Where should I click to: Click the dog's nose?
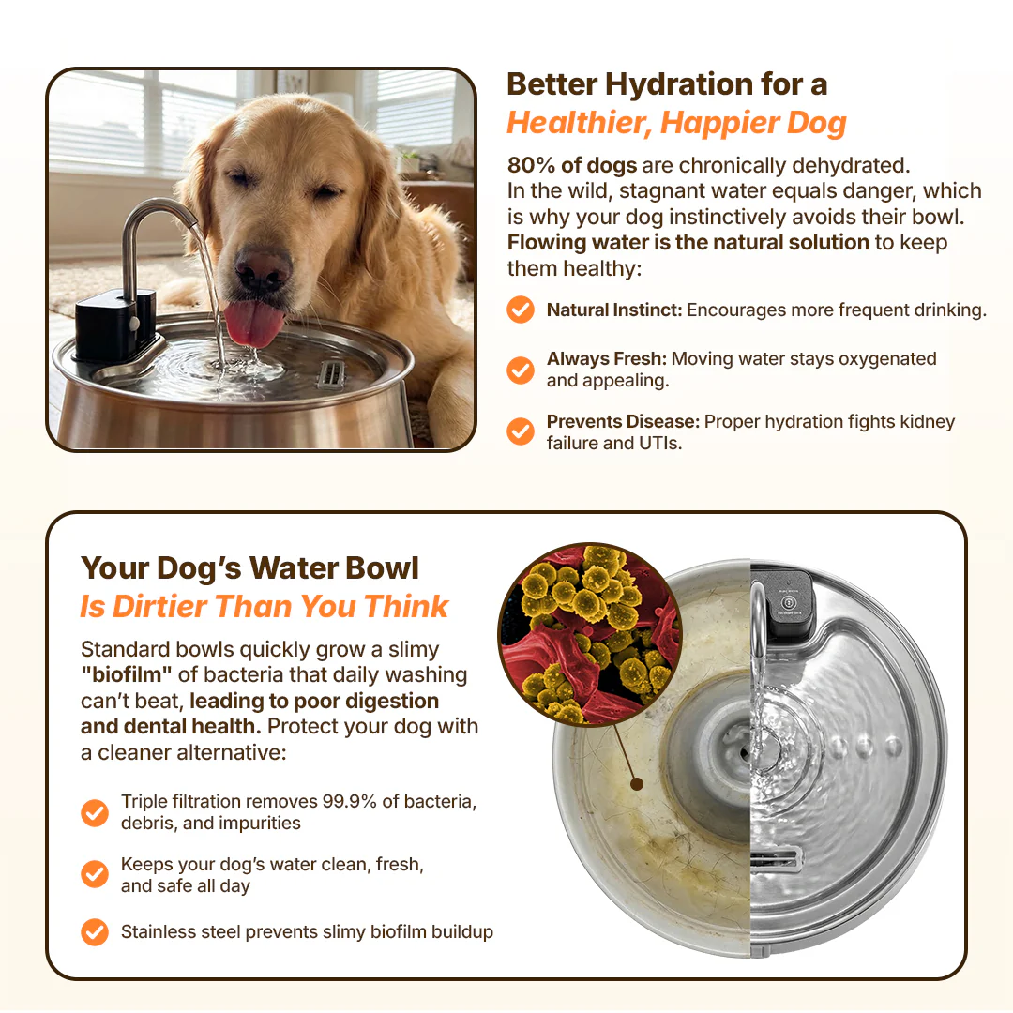pos(263,267)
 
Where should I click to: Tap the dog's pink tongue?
pos(253,324)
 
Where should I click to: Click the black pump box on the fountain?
pos(114,325)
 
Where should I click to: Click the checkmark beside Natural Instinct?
pos(520,310)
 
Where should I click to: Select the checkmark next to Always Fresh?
pos(520,370)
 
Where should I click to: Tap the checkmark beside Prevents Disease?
pos(520,431)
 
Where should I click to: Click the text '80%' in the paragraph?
pos(531,165)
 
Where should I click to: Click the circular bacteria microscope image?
pos(590,634)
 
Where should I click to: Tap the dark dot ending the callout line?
pos(636,784)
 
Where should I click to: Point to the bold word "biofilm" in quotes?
pos(127,674)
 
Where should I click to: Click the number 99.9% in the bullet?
pos(350,801)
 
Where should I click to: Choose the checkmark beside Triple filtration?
pos(95,812)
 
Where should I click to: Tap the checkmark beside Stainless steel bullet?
pos(95,932)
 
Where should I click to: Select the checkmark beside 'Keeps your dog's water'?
pos(95,874)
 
